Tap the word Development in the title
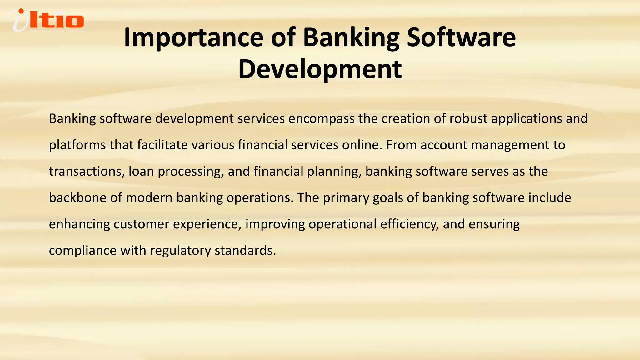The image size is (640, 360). (x=320, y=69)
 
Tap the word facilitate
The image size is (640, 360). (x=162, y=145)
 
